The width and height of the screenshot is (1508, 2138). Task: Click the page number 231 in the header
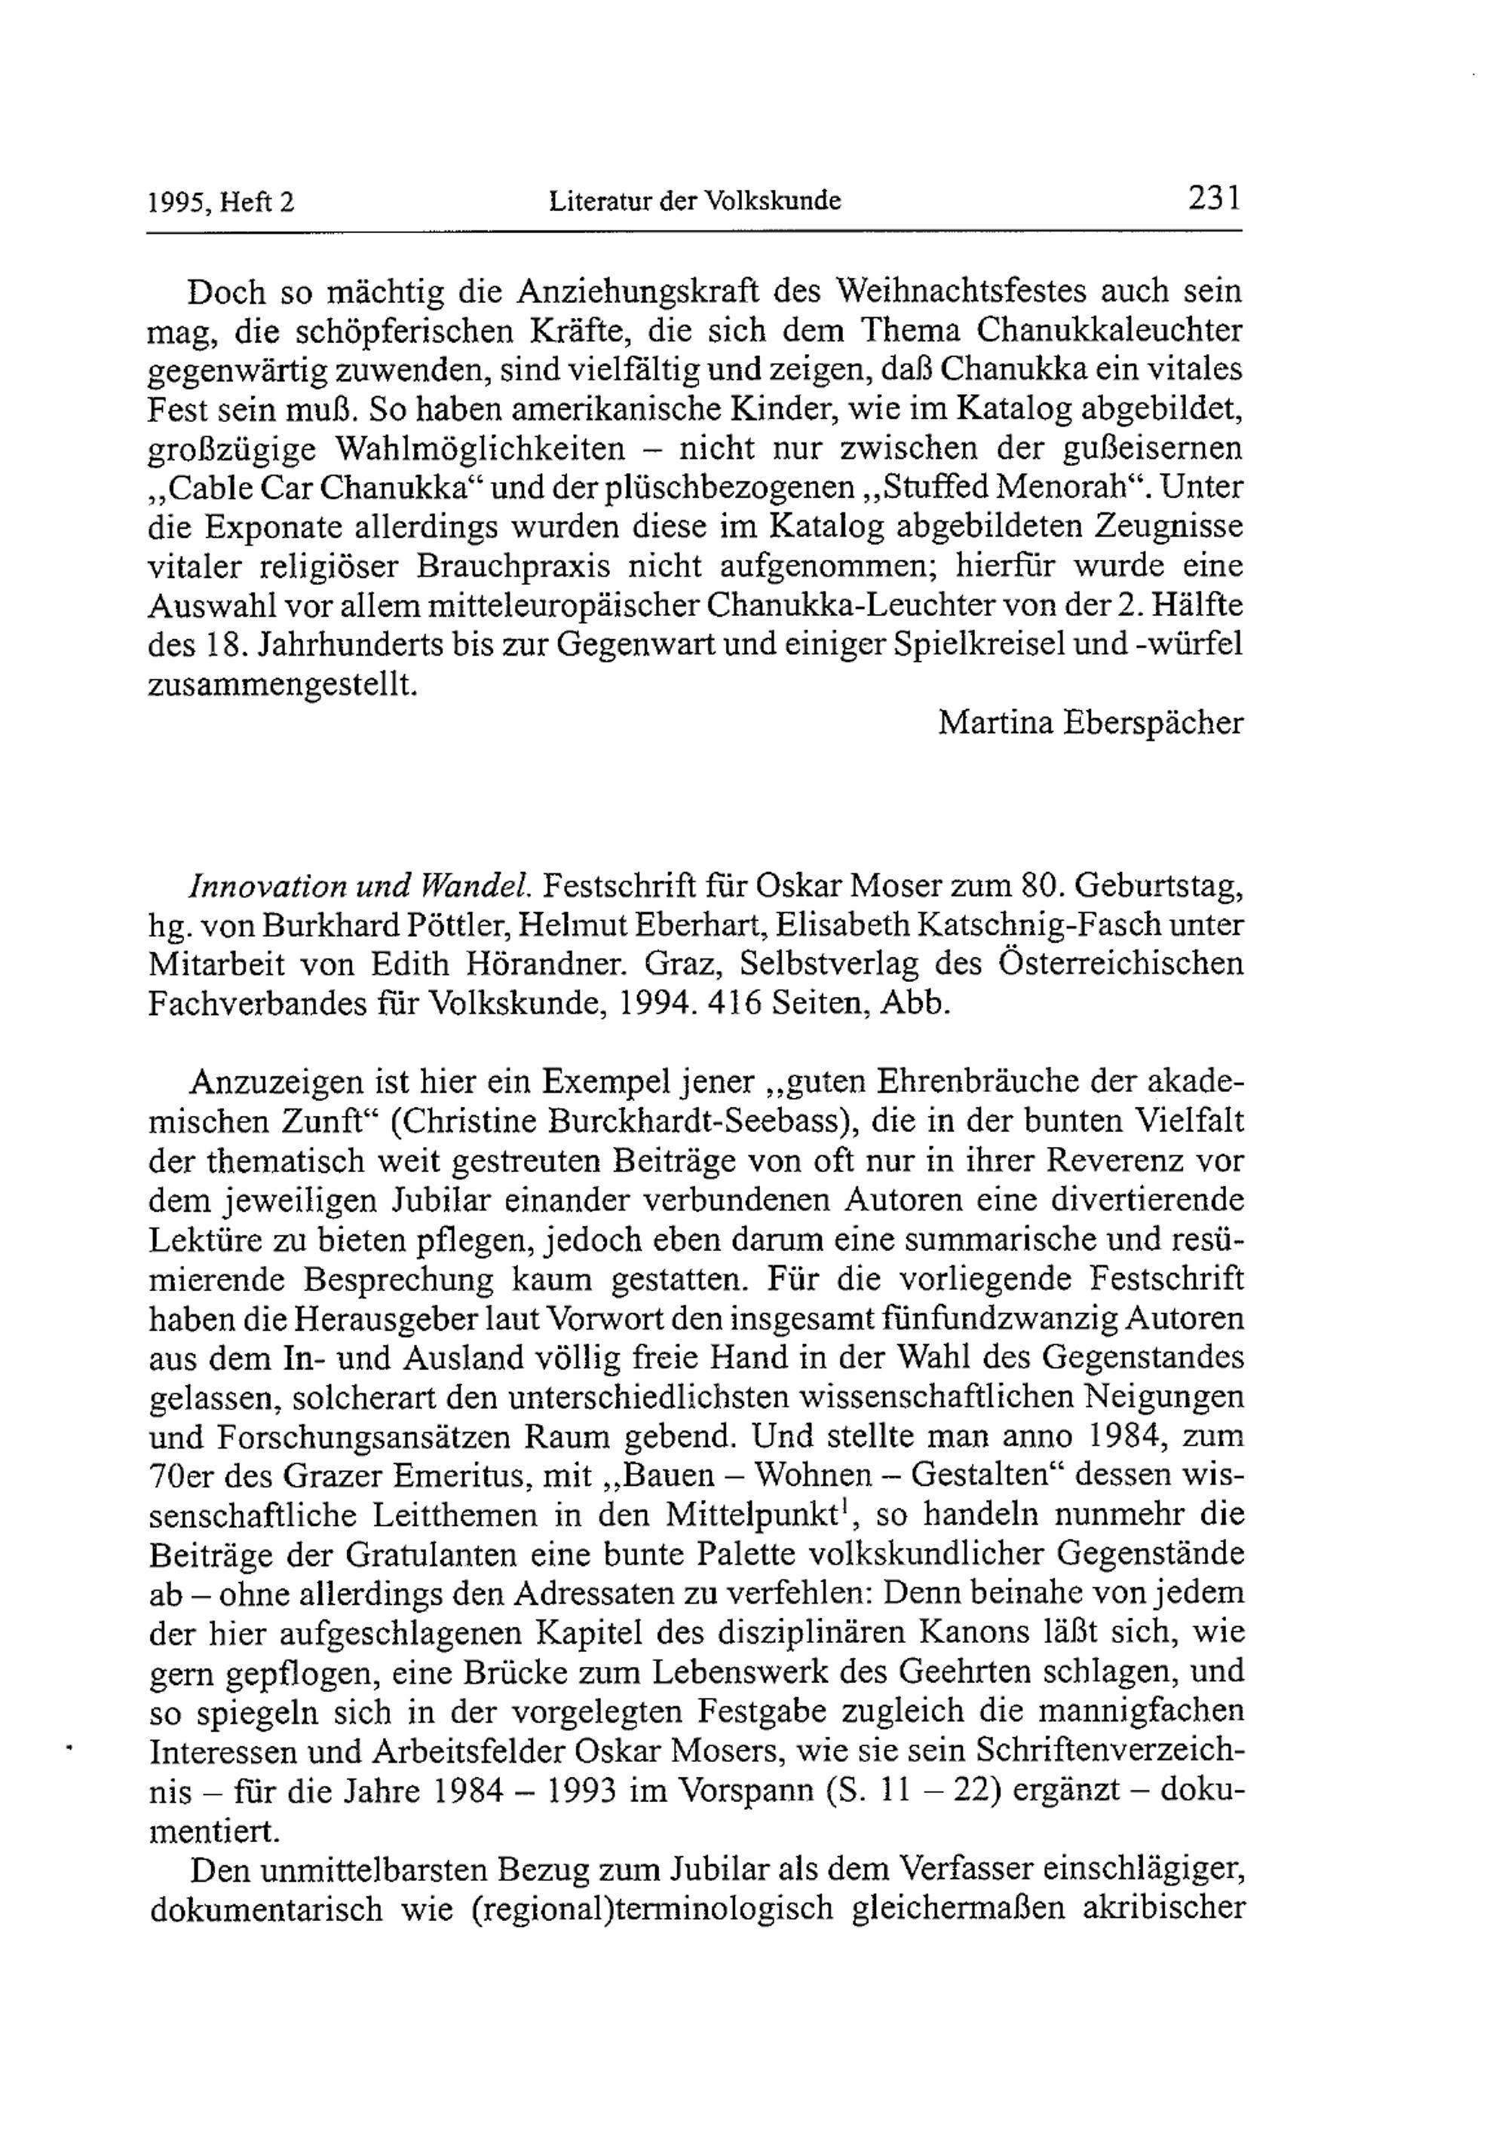coord(1212,198)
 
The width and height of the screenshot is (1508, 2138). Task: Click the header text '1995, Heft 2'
coord(222,201)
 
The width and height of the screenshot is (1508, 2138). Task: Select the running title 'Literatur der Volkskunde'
coord(695,200)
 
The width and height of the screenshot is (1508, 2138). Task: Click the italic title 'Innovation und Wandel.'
coord(360,885)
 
